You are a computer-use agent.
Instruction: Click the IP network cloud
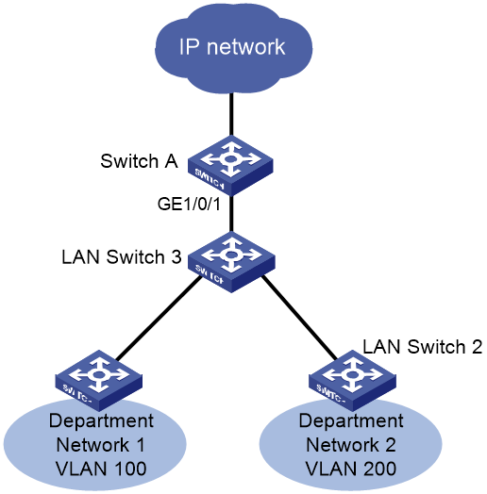[233, 47]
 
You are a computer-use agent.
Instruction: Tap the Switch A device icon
[230, 166]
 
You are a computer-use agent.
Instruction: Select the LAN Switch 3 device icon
[231, 262]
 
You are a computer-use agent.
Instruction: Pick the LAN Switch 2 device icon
[352, 381]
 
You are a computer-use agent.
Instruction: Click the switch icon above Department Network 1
[99, 381]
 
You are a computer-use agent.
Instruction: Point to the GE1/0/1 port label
[189, 205]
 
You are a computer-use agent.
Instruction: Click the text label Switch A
[139, 161]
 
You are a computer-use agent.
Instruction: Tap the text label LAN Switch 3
[122, 256]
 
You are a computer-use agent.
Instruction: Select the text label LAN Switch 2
[422, 347]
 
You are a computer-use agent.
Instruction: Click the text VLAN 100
[101, 469]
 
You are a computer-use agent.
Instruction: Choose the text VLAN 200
[351, 469]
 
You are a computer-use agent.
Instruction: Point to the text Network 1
[100, 445]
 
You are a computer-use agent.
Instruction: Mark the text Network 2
[351, 445]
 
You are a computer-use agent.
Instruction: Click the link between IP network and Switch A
[231, 115]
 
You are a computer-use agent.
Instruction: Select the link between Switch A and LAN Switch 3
[231, 214]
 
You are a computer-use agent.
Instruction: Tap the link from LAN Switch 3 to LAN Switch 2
[299, 318]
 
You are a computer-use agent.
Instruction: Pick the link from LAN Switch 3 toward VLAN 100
[159, 319]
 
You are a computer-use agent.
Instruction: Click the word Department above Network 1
[101, 420]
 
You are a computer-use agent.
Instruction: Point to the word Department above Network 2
[351, 420]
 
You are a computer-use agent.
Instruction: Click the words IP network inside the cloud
[232, 47]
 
